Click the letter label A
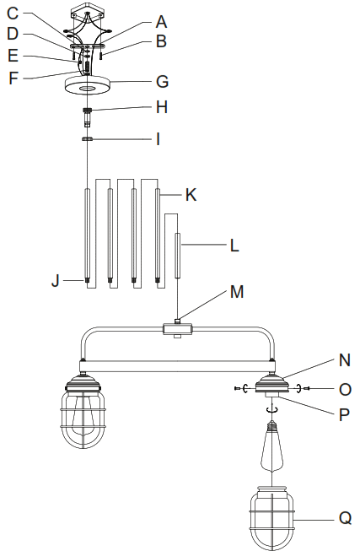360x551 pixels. (x=162, y=19)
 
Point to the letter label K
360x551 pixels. (x=191, y=194)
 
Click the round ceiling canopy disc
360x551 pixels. (x=88, y=87)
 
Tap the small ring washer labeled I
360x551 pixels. (x=88, y=138)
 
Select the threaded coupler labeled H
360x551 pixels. (x=88, y=113)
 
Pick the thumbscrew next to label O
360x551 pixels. (x=304, y=387)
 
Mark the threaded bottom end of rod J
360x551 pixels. (x=88, y=281)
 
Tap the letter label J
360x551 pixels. (x=56, y=281)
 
